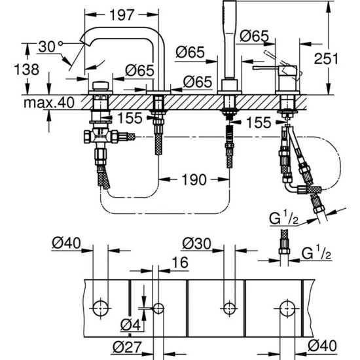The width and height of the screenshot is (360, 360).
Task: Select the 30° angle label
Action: click(x=48, y=47)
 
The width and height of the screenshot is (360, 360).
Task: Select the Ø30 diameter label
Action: click(x=197, y=243)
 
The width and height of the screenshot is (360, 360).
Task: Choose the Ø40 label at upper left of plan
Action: click(x=64, y=243)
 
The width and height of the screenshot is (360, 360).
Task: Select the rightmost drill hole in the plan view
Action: click(x=286, y=306)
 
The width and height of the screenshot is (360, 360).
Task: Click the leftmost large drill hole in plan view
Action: click(x=99, y=306)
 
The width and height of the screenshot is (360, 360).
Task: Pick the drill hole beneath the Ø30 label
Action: click(x=228, y=306)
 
